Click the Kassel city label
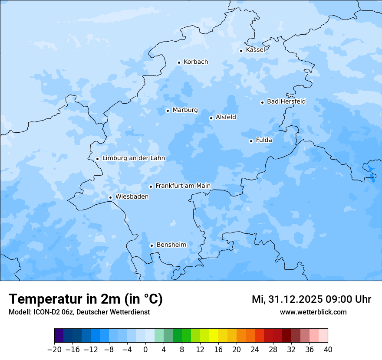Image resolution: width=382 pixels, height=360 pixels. click(x=255, y=50)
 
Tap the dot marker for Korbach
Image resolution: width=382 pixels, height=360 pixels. click(x=179, y=62)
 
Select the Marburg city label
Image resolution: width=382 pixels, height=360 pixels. click(x=185, y=110)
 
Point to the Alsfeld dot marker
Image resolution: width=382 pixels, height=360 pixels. click(x=211, y=118)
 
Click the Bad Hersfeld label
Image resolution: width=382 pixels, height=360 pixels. click(x=286, y=101)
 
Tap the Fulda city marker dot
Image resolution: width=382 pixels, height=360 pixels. click(x=251, y=141)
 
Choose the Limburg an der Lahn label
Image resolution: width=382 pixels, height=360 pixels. click(x=133, y=158)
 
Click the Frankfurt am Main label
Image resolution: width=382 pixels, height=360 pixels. click(x=183, y=186)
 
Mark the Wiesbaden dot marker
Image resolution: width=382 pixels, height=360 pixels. click(x=110, y=198)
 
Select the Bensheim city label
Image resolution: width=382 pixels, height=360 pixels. click(x=171, y=245)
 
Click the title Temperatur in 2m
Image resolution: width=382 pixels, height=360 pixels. click(x=86, y=299)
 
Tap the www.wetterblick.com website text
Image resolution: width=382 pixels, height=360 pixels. click(x=313, y=312)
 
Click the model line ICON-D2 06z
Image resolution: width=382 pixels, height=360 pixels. click(x=79, y=312)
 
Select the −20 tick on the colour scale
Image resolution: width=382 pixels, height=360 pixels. click(x=54, y=350)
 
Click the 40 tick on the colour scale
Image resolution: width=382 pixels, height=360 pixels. click(x=328, y=350)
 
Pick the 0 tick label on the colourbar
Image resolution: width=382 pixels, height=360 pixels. click(x=145, y=350)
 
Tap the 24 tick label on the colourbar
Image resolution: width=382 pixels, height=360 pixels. click(x=255, y=350)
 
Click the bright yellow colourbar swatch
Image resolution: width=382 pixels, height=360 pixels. click(x=214, y=336)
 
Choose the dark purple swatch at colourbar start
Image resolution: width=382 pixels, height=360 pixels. click(x=59, y=336)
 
